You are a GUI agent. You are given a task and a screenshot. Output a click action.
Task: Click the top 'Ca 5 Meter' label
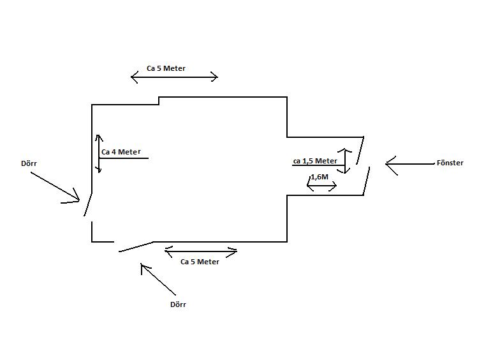pyautogui.click(x=166, y=68)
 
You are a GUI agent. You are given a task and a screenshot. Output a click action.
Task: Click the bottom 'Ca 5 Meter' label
pyautogui.click(x=200, y=262)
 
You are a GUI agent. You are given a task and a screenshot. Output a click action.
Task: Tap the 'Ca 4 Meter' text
pyautogui.click(x=121, y=152)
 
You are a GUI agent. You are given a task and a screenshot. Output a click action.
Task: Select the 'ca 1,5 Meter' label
pyautogui.click(x=315, y=161)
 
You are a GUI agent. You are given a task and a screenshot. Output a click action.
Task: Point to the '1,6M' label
pyautogui.click(x=320, y=177)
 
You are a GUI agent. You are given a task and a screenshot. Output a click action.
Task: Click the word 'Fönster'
pyautogui.click(x=450, y=163)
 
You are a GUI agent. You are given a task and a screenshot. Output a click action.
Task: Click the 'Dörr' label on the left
pyautogui.click(x=29, y=163)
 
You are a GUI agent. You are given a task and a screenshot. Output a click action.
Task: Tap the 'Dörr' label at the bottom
pyautogui.click(x=178, y=304)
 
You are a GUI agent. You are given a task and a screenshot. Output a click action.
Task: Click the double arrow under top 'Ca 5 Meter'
pyautogui.click(x=175, y=77)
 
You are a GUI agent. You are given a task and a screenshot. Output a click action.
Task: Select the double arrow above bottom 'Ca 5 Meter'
pyautogui.click(x=201, y=251)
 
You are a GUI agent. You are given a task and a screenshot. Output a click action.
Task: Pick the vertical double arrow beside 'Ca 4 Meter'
pyautogui.click(x=99, y=154)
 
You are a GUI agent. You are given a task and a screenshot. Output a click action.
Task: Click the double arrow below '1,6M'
pyautogui.click(x=321, y=186)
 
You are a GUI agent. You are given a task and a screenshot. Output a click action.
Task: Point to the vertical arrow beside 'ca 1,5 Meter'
pyautogui.click(x=345, y=161)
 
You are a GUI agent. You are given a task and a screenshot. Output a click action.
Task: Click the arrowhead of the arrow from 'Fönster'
pyautogui.click(x=386, y=164)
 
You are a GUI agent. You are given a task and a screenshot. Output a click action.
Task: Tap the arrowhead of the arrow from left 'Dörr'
pyautogui.click(x=79, y=200)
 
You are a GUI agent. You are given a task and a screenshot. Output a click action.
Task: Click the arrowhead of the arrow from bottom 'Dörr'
pyautogui.click(x=142, y=264)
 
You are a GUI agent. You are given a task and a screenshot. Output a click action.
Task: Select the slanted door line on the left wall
pyautogui.click(x=88, y=204)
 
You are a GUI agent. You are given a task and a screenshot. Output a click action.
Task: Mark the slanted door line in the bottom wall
pyautogui.click(x=136, y=246)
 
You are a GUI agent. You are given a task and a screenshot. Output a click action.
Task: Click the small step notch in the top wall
pyautogui.click(x=159, y=101)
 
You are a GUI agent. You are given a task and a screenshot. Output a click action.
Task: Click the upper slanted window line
pyautogui.click(x=360, y=151)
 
